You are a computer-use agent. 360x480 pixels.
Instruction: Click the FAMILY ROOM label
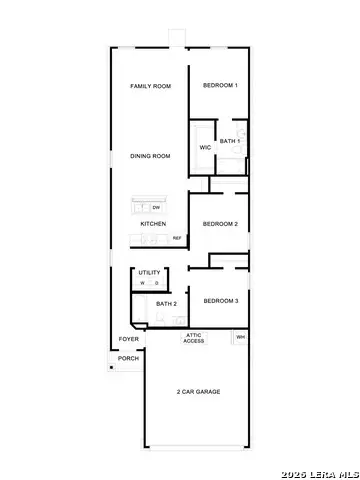point(150,87)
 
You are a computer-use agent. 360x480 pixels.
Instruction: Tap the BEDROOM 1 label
point(220,86)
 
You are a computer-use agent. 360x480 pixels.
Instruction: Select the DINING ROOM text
point(150,156)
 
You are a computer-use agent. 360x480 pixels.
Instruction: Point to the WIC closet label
point(204,147)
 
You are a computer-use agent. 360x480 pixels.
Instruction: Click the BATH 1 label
point(231,141)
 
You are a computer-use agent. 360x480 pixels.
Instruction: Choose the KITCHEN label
point(153,223)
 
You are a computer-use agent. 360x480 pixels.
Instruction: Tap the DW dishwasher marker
point(156,207)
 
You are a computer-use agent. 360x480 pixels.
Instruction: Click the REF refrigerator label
point(177,238)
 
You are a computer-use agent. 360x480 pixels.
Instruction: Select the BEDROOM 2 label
point(220,224)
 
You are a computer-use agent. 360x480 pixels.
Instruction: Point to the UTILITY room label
point(149,272)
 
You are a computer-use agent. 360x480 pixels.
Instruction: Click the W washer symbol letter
point(142,284)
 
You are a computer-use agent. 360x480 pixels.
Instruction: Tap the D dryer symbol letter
point(157,284)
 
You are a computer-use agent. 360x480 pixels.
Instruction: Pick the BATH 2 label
point(166,303)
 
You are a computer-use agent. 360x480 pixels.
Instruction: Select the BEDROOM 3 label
point(220,301)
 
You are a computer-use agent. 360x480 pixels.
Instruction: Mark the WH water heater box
point(240,338)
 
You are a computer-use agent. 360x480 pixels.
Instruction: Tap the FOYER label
point(129,339)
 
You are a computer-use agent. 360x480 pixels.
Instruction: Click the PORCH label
point(128,358)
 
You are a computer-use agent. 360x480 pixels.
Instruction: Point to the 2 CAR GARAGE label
point(199,391)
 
